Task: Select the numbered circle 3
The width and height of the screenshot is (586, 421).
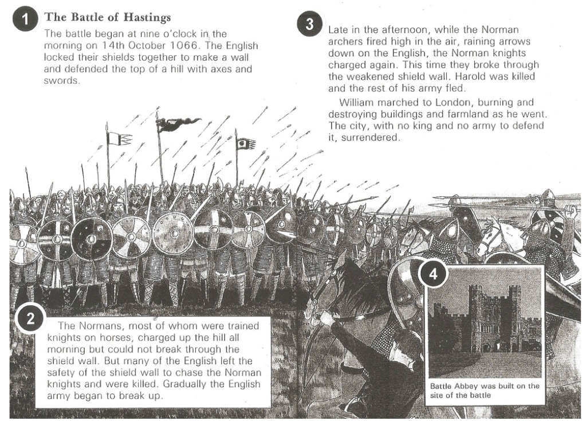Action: pyautogui.click(x=310, y=26)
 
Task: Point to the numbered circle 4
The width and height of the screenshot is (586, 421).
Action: pyautogui.click(x=434, y=274)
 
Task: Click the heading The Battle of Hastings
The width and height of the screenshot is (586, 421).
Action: pyautogui.click(x=107, y=17)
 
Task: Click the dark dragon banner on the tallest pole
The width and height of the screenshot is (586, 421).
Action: pyautogui.click(x=179, y=123)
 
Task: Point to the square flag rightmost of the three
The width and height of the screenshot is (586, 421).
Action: pyautogui.click(x=246, y=143)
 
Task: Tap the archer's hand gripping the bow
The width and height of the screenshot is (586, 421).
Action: pyautogui.click(x=324, y=318)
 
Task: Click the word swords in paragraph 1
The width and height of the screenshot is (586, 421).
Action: pyautogui.click(x=61, y=81)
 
